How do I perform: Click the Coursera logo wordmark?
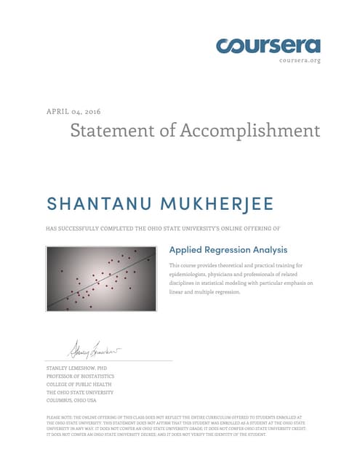click(268, 45)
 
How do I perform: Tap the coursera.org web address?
click(300, 60)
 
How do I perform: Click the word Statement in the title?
click(115, 131)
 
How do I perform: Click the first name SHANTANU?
click(90, 201)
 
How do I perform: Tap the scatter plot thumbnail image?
click(102, 279)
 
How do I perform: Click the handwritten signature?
click(95, 351)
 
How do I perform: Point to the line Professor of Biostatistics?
click(77, 376)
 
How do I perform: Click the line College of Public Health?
click(73, 384)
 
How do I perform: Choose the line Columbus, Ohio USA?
click(71, 400)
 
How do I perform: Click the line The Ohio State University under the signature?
click(76, 392)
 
